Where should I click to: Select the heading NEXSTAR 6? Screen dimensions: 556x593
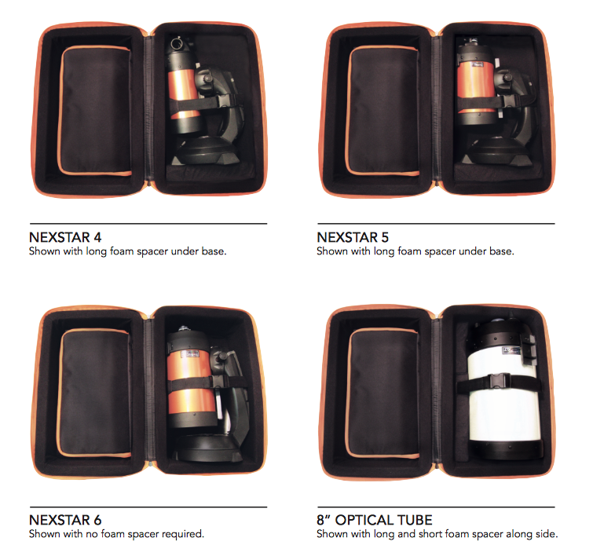click(x=66, y=521)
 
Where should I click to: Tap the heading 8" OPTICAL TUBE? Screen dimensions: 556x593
click(x=374, y=521)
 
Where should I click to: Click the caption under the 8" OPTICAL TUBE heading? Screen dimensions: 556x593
click(x=437, y=535)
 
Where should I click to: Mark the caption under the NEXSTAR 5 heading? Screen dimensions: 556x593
click(x=415, y=252)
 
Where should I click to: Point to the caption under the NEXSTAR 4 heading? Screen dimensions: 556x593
click(x=127, y=252)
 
